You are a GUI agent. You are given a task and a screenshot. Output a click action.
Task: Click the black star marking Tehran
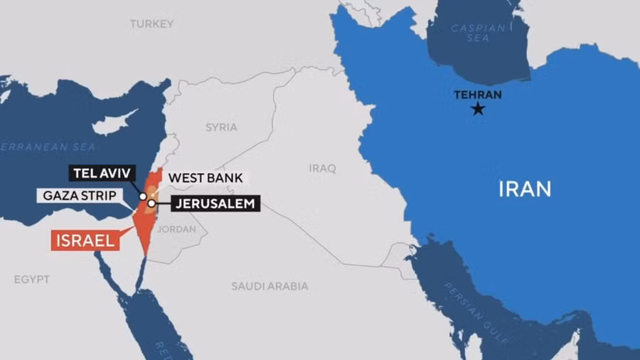[479, 109]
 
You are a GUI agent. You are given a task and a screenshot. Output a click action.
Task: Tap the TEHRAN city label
[478, 95]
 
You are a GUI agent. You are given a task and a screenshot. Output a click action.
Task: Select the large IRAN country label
[525, 189]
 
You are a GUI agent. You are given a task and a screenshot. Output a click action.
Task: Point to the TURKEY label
[151, 24]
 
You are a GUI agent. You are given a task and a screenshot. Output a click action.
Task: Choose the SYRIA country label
[221, 128]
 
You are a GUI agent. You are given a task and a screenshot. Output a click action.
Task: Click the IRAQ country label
[322, 169]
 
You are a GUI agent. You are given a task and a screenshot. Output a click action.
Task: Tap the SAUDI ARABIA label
[270, 286]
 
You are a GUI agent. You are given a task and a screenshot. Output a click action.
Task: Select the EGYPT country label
[32, 280]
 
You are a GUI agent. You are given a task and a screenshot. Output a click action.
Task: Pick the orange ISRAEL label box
[84, 240]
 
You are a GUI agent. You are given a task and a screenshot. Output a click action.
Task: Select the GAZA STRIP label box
[80, 194]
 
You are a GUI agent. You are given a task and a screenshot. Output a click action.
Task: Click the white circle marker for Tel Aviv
[143, 196]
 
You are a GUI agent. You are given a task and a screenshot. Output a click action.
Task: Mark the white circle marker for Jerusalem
[151, 204]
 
